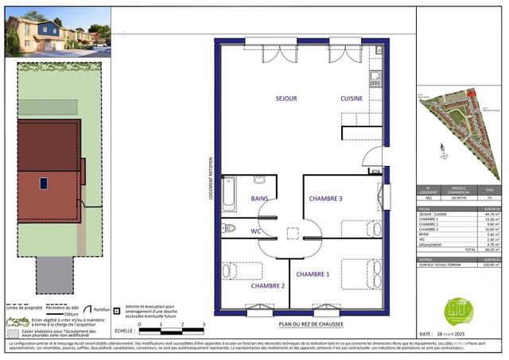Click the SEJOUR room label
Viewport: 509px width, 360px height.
pyautogui.click(x=286, y=99)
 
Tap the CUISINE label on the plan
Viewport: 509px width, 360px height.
pyautogui.click(x=352, y=99)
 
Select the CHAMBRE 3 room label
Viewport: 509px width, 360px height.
pyautogui.click(x=325, y=198)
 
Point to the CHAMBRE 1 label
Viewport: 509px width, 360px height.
pyautogui.click(x=313, y=274)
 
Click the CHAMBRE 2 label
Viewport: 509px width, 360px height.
pyautogui.click(x=268, y=285)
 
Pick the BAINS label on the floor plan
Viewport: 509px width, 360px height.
pyautogui.click(x=260, y=198)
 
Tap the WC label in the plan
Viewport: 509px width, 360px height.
pyautogui.click(x=256, y=230)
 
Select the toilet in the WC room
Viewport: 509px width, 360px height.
pyautogui.click(x=230, y=229)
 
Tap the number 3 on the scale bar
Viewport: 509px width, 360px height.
pyautogui.click(x=204, y=325)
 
